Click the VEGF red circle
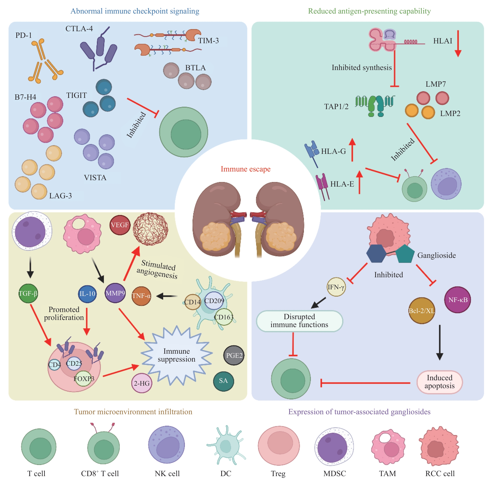120,225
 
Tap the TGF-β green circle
28,293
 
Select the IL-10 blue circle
87,294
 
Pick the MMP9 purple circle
115,293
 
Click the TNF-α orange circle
141,296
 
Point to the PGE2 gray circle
234,355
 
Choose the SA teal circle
224,381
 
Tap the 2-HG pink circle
142,383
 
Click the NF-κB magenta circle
458,300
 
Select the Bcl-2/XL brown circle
422,311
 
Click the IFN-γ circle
336,287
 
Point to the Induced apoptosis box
439,382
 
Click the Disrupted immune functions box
299,321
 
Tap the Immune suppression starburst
177,355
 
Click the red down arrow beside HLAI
458,43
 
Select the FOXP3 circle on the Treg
84,379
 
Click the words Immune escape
245,169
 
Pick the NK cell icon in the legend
167,445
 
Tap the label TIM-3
208,41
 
